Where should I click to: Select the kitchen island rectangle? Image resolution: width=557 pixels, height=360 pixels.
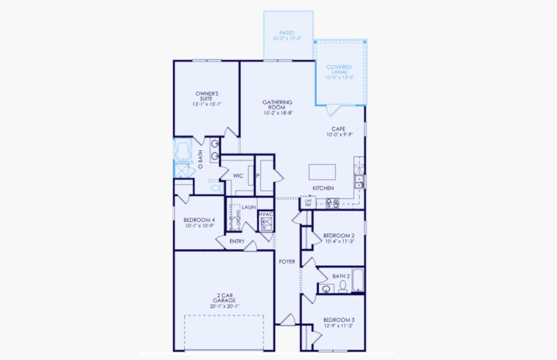coord(323,172)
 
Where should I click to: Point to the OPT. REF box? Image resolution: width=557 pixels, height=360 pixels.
coord(308,203)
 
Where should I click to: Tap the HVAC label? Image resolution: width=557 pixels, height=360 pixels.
coord(266,214)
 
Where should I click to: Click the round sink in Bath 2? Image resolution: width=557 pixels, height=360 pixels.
coord(326,289)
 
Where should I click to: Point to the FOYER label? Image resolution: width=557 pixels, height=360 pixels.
coord(287,262)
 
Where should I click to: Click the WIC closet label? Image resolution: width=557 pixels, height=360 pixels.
coord(237,176)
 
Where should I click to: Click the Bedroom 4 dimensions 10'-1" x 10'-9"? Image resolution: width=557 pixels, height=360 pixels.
coord(199,227)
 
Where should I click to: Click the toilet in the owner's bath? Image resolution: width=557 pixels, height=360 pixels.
coord(215,187)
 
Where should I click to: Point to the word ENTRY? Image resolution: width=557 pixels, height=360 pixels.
coord(237,241)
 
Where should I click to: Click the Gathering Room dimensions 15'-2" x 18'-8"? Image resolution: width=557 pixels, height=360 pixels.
coord(278,113)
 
